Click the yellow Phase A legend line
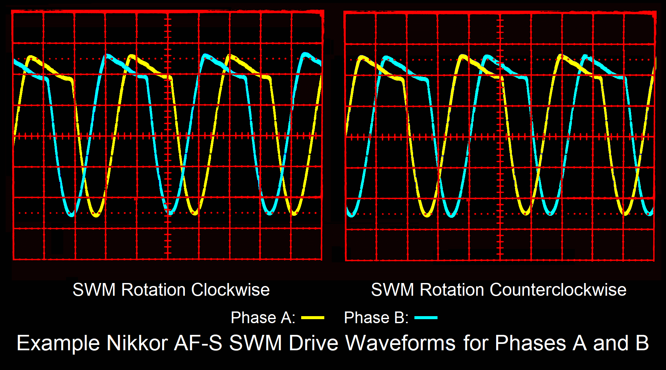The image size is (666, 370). point(313,318)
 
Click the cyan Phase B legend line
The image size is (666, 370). point(426,318)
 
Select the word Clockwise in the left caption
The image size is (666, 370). point(230,290)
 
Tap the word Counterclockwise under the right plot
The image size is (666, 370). point(558,290)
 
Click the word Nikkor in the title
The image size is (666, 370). point(137,343)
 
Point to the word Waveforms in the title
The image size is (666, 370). point(400,343)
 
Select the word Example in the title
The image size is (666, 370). point(58,343)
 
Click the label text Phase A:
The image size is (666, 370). point(263,318)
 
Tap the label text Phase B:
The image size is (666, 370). point(376,318)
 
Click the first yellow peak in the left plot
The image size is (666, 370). point(31,57)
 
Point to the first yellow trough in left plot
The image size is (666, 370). point(96,215)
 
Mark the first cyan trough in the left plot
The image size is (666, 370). point(71,214)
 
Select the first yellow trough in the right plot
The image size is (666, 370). point(427,215)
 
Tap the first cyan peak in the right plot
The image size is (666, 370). point(387,58)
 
